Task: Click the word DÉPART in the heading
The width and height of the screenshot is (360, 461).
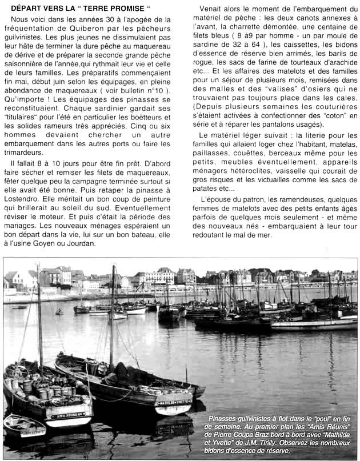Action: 29,9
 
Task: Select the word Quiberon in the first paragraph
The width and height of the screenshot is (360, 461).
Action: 98,29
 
